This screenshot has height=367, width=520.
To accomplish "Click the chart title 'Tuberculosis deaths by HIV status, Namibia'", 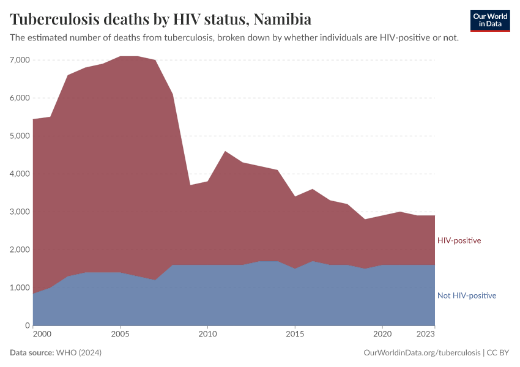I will coord(160,19).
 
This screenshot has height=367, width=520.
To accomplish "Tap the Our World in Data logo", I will coord(489,20).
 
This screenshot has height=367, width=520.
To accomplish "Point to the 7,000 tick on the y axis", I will coord(19,60).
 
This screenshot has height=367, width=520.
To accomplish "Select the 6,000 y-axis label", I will coord(19,98).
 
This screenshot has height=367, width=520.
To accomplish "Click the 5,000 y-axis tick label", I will coord(19,136).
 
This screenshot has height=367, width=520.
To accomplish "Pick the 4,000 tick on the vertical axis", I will coord(19,174).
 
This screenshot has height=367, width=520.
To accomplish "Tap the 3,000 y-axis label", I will coord(19,212).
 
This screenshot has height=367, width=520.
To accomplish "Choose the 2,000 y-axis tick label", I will coord(19,250).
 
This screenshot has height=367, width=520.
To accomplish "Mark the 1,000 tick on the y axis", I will coord(19,287).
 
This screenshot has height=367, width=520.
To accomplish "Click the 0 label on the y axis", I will coord(27,325).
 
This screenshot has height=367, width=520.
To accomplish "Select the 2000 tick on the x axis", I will coord(42,335).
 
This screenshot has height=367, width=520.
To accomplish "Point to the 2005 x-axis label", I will coord(120,335).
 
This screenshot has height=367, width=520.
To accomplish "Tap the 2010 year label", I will coord(207,335).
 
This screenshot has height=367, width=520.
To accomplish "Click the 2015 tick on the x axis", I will coord(295,335).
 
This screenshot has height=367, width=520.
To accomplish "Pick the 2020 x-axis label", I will coord(382,335).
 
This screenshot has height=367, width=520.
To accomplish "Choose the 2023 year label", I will coord(425,335).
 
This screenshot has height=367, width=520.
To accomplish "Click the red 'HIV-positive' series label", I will coord(459,240).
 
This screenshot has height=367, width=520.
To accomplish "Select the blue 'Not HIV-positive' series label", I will coord(466,295).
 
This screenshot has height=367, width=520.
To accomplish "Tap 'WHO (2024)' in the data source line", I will coord(78,353).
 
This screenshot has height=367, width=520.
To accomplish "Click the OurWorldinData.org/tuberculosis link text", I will coord(422,353).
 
